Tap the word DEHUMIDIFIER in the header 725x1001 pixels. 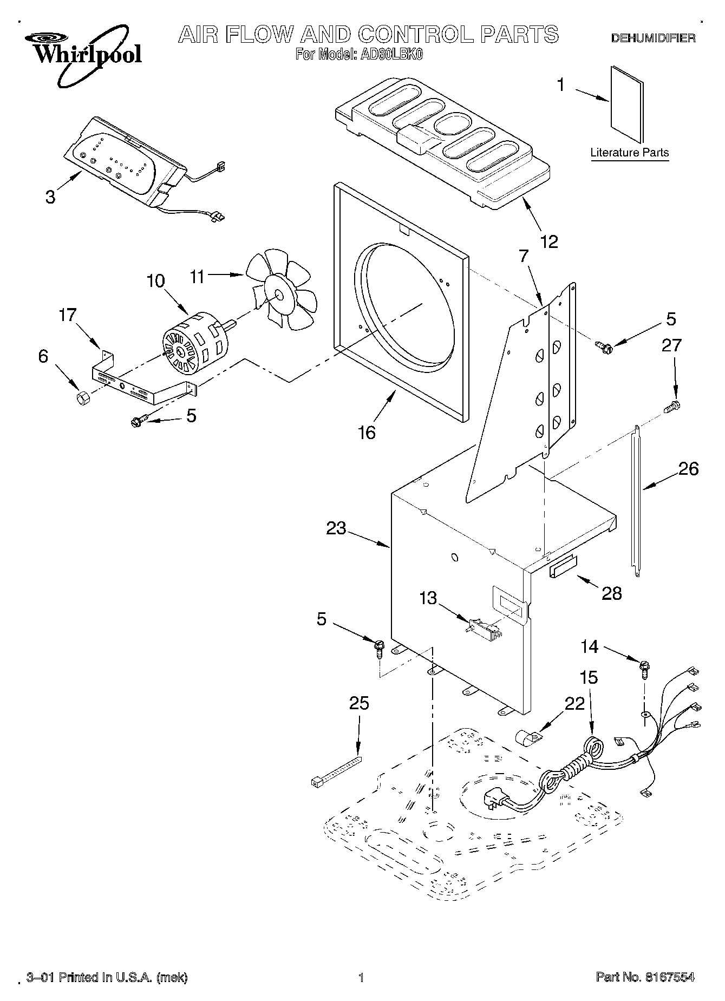coord(653,38)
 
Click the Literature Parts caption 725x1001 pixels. coord(630,153)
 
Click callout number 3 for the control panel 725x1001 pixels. coord(50,197)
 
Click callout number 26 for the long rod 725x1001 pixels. coord(689,468)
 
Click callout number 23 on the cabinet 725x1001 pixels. coord(336,528)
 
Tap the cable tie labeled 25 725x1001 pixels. coord(335,771)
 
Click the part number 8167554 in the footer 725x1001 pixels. coord(669,977)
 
